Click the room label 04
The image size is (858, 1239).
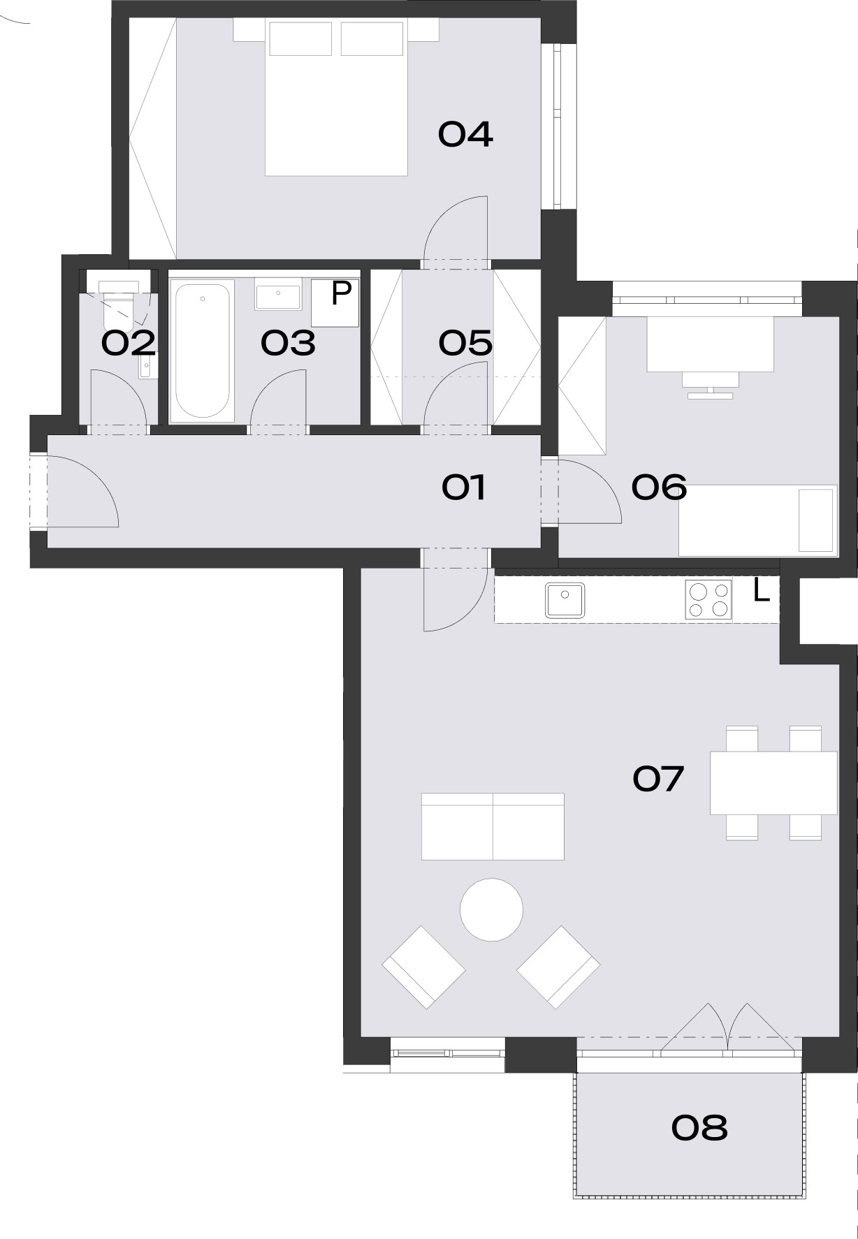pos(465,134)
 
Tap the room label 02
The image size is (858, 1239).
pos(129,344)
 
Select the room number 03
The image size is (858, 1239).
pos(288,343)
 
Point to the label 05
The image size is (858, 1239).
pos(465,343)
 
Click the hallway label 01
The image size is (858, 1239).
pos(464,487)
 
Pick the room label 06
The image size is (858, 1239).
pos(659,487)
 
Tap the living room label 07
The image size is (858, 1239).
pos(657,779)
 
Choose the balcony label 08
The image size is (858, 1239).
pos(699,1127)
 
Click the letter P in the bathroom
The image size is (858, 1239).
pos(341,293)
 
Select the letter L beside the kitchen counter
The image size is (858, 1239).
pos(762,591)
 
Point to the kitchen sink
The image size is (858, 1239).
pos(565,600)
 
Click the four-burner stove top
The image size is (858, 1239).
pos(708,600)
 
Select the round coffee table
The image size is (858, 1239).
pos(491,909)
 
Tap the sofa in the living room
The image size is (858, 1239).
pos(493,826)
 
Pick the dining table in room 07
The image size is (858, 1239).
pos(773,783)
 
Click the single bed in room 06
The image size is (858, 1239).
pos(758,520)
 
